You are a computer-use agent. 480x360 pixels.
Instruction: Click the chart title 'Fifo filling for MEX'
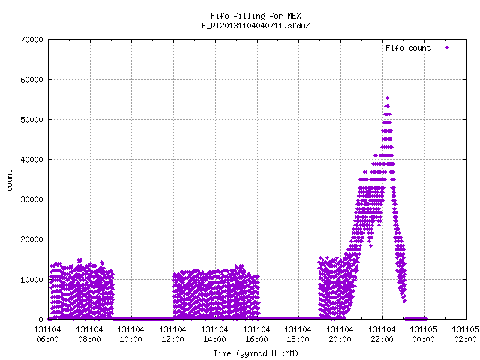point(256,16)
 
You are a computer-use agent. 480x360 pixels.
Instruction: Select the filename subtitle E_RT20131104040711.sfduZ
point(256,25)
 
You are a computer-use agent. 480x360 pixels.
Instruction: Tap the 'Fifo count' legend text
point(408,48)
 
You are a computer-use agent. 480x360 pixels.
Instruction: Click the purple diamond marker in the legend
point(447,48)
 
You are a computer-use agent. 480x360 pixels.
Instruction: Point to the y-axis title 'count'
point(10,181)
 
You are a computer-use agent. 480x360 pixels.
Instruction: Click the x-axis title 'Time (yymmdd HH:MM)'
point(256,353)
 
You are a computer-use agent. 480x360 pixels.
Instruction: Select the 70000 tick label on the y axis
point(31,40)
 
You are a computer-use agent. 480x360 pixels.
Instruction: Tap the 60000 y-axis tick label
point(31,79)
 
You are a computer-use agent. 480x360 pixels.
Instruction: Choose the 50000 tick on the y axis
point(31,120)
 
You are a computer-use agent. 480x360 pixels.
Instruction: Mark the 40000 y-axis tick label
point(31,160)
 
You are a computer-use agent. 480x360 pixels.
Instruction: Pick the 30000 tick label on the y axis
point(31,199)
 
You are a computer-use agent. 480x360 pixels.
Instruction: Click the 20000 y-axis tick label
point(31,239)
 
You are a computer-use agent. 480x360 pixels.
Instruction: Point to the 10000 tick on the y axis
point(31,280)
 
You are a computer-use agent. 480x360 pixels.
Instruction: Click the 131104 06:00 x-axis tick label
point(47,334)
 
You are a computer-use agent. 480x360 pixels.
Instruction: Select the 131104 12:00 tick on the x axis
point(172,334)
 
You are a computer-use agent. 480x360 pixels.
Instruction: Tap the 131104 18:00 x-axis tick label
point(298,334)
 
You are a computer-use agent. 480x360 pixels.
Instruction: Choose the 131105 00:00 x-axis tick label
point(423,334)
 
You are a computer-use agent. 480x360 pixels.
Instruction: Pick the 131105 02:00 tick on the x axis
point(465,334)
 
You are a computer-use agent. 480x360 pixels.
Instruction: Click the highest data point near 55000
point(387,98)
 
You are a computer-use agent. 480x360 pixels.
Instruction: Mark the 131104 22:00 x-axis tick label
point(382,334)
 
